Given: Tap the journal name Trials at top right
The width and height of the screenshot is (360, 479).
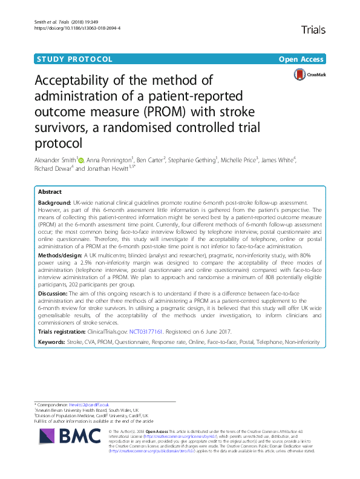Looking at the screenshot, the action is tap(313, 29).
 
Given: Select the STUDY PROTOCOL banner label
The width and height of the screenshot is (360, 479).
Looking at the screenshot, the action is tap(75, 59).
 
